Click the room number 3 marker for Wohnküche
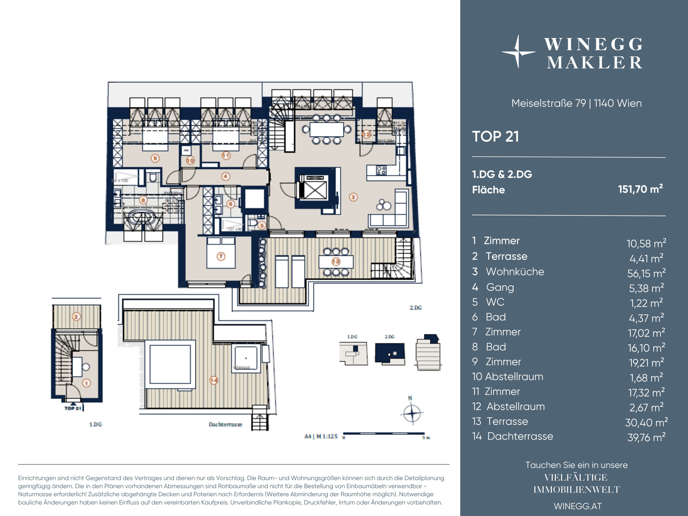[x=353, y=197]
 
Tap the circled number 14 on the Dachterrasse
[x=214, y=380]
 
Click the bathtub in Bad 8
[x=142, y=217]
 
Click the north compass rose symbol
[x=411, y=413]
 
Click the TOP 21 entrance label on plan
[x=73, y=408]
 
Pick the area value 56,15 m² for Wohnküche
[x=646, y=273]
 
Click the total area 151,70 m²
[x=640, y=189]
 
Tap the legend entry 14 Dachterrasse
[x=512, y=436]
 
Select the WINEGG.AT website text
[x=578, y=506]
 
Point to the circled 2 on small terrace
[x=76, y=317]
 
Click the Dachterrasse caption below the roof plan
[x=225, y=425]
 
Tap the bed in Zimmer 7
[x=221, y=253]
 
